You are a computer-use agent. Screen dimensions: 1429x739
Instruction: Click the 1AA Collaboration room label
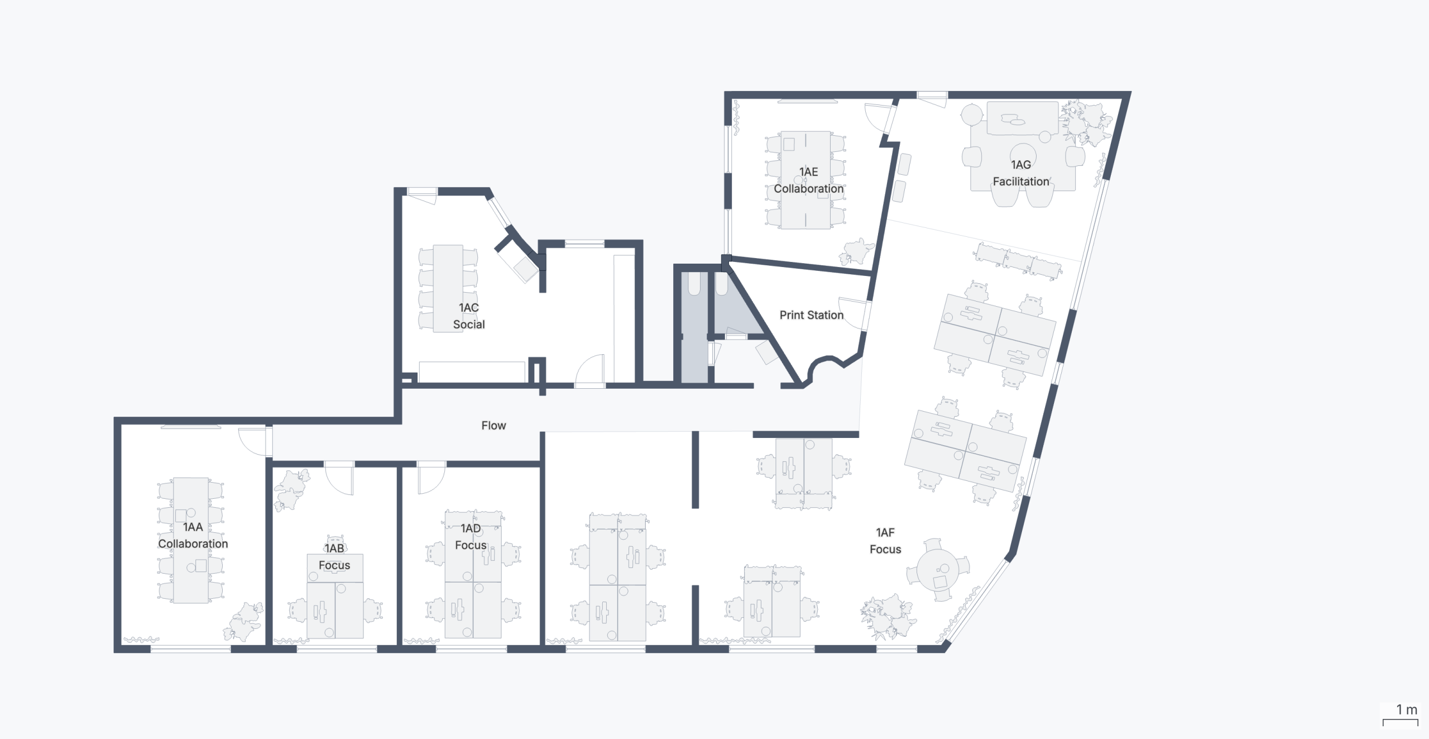tap(193, 535)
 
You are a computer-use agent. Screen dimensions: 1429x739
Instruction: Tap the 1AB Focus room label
tap(334, 556)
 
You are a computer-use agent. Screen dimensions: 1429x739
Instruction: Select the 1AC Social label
tap(469, 316)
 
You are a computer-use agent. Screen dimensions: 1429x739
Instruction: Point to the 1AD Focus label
tap(471, 536)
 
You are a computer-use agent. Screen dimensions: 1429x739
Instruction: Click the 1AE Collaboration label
tap(808, 180)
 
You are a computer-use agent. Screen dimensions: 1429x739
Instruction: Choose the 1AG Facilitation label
tap(1021, 173)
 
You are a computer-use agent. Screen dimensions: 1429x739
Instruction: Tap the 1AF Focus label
tap(885, 541)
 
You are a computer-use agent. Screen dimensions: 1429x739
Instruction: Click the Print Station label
tap(812, 315)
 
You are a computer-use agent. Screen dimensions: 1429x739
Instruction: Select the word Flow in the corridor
tap(493, 425)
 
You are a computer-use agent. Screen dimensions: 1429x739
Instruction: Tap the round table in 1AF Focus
tap(938, 570)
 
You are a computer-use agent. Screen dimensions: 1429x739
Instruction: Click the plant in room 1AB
tap(291, 489)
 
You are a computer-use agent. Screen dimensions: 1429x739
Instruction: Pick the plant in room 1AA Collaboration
tap(243, 621)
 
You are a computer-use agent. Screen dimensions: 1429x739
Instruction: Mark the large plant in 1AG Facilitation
tap(1086, 122)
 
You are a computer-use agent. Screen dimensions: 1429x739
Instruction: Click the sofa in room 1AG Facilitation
tap(1022, 118)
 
